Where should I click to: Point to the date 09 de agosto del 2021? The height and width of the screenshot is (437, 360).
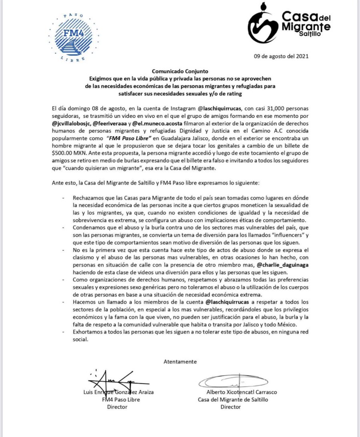click(x=281, y=56)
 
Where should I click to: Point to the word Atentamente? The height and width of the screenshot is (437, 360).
click(x=180, y=362)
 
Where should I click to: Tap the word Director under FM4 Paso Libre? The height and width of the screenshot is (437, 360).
click(x=117, y=407)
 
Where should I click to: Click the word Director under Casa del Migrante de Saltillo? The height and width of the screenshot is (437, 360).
click(x=231, y=407)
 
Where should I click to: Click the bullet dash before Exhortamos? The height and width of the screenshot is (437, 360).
click(x=64, y=333)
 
